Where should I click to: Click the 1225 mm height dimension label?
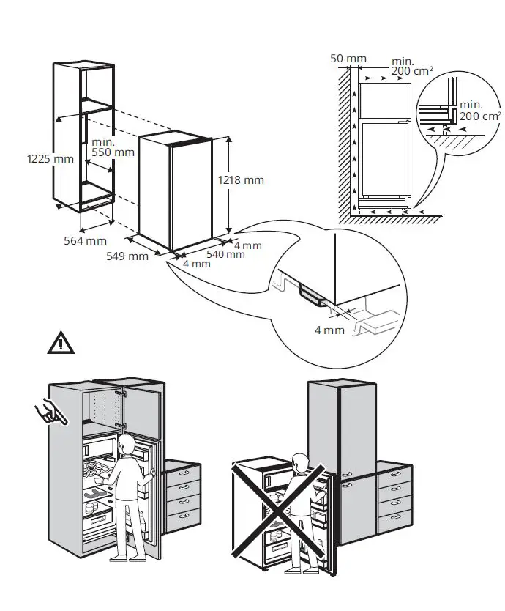click(x=50, y=158)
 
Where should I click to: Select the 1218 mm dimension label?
click(x=242, y=180)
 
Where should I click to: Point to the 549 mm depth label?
click(x=127, y=256)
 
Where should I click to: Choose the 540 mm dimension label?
click(x=225, y=255)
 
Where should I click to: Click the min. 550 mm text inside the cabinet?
click(x=113, y=147)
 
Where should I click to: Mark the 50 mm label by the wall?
click(x=348, y=57)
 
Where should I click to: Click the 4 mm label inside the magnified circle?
click(x=329, y=330)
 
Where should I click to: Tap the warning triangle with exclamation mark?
click(x=61, y=343)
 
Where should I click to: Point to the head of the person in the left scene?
click(x=127, y=443)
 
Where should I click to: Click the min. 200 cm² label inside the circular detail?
click(x=480, y=111)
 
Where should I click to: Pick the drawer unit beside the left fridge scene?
click(x=183, y=498)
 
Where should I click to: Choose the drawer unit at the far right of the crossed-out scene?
click(x=393, y=498)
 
